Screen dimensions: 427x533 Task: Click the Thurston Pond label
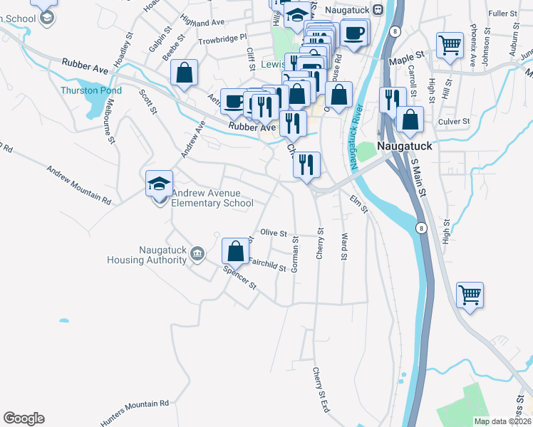pyautogui.click(x=90, y=91)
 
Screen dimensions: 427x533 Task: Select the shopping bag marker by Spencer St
pyautogui.click(x=235, y=251)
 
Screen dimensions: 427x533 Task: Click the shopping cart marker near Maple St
pyautogui.click(x=450, y=46)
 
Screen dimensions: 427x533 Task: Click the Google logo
pyautogui.click(x=24, y=418)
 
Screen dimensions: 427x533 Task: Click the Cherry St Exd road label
pyautogui.click(x=321, y=390)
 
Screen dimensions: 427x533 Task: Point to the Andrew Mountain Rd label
pyautogui.click(x=78, y=186)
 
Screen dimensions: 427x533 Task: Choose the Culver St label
pyautogui.click(x=453, y=122)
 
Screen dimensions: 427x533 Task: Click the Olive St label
pyautogui.click(x=273, y=233)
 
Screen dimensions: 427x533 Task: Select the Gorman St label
pyautogui.click(x=294, y=255)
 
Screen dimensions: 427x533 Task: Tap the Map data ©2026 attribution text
pyautogui.click(x=502, y=421)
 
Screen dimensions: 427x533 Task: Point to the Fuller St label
pyautogui.click(x=502, y=14)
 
